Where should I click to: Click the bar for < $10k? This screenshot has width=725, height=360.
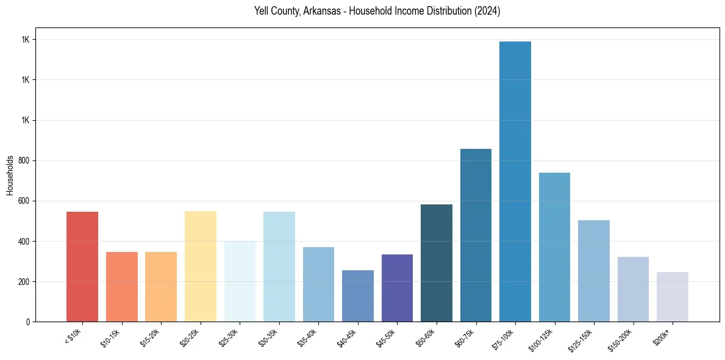82,267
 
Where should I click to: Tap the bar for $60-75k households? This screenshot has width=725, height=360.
476,236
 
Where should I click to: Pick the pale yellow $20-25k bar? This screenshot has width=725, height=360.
201,267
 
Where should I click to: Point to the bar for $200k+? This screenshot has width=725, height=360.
673,297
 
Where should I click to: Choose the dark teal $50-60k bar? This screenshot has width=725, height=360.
437,263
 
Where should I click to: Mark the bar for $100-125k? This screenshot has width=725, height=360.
554,247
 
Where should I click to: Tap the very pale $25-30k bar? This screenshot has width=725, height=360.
240,281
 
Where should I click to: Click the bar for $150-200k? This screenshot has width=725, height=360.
633,289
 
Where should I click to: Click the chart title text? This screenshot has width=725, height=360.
377,12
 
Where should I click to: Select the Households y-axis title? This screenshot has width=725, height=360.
10,175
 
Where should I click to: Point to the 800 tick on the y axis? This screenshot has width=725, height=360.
24,160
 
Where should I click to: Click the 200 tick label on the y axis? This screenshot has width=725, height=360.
24,282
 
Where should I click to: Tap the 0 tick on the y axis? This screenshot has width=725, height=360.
28,322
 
